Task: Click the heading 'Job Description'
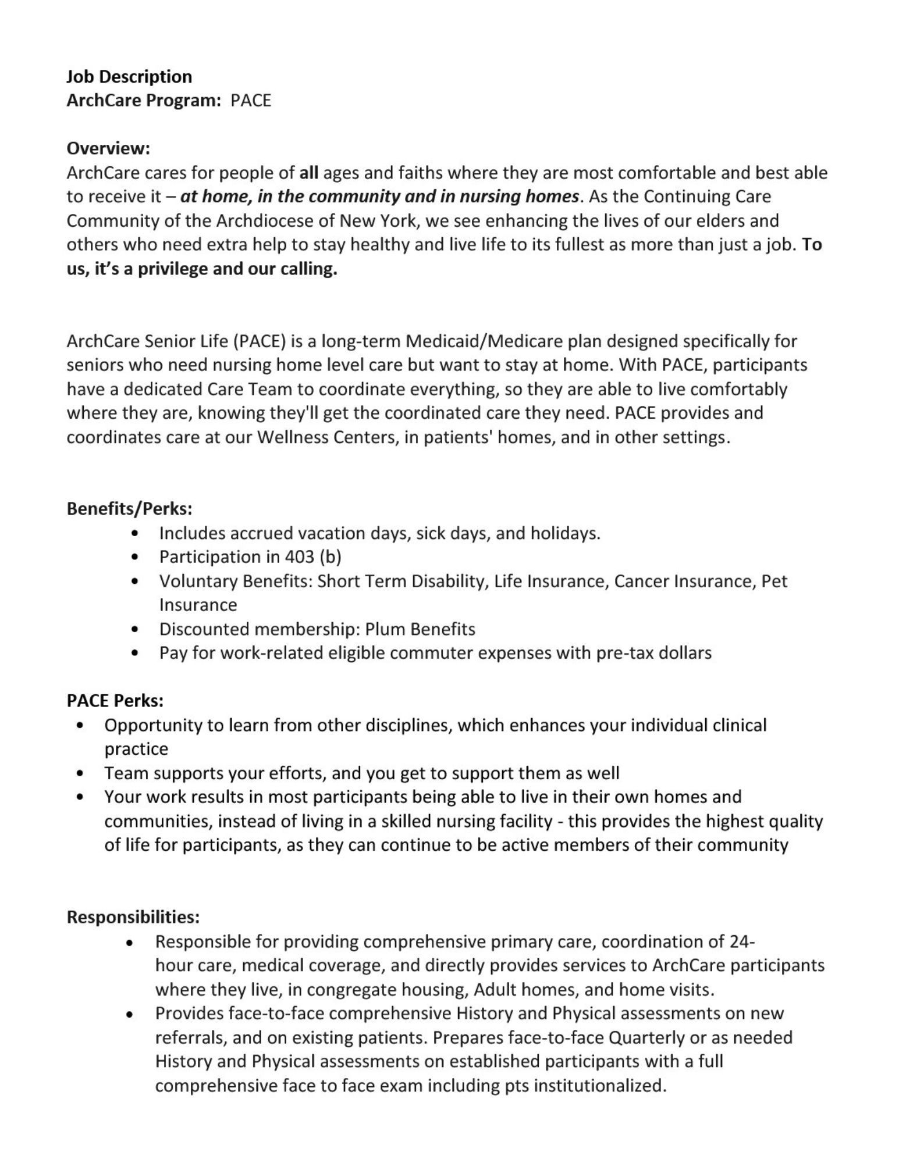pyautogui.click(x=129, y=77)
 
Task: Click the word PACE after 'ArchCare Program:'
pyautogui.click(x=251, y=101)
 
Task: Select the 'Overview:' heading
pyautogui.click(x=108, y=148)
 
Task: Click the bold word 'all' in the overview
pyautogui.click(x=308, y=173)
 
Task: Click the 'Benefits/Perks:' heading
pyautogui.click(x=129, y=509)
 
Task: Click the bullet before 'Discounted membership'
pyautogui.click(x=136, y=629)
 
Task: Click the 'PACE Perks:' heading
pyautogui.click(x=115, y=701)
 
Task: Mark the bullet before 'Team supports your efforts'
pyautogui.click(x=80, y=773)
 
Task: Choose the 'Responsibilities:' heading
pyautogui.click(x=133, y=917)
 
